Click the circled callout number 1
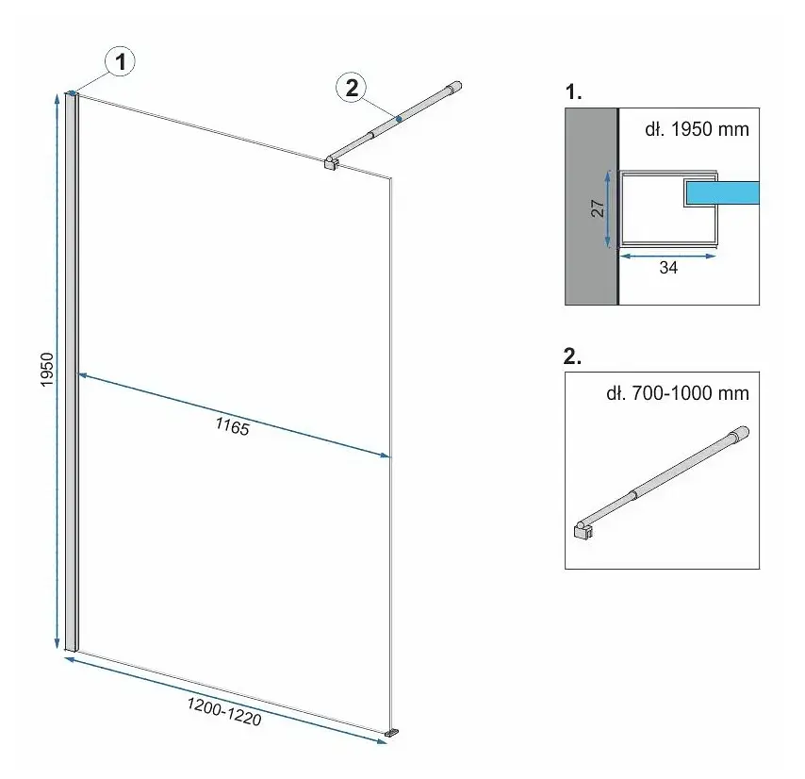(x=120, y=62)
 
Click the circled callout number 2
(x=352, y=88)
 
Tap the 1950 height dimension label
(x=47, y=370)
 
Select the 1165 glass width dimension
(x=232, y=426)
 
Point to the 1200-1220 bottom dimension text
(x=224, y=712)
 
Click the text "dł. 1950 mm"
(x=697, y=129)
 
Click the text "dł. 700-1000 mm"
(x=678, y=393)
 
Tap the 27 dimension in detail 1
(x=598, y=208)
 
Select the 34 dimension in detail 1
(x=668, y=268)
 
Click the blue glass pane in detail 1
(x=722, y=192)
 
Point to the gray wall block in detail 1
(x=591, y=207)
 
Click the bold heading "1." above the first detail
(x=573, y=91)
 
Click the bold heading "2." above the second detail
(x=572, y=356)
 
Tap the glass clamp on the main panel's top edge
(x=331, y=163)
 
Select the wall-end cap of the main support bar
(x=454, y=88)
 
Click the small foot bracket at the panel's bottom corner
(x=393, y=732)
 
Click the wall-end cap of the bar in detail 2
(x=741, y=433)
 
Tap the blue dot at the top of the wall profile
(x=73, y=93)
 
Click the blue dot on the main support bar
(x=399, y=119)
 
